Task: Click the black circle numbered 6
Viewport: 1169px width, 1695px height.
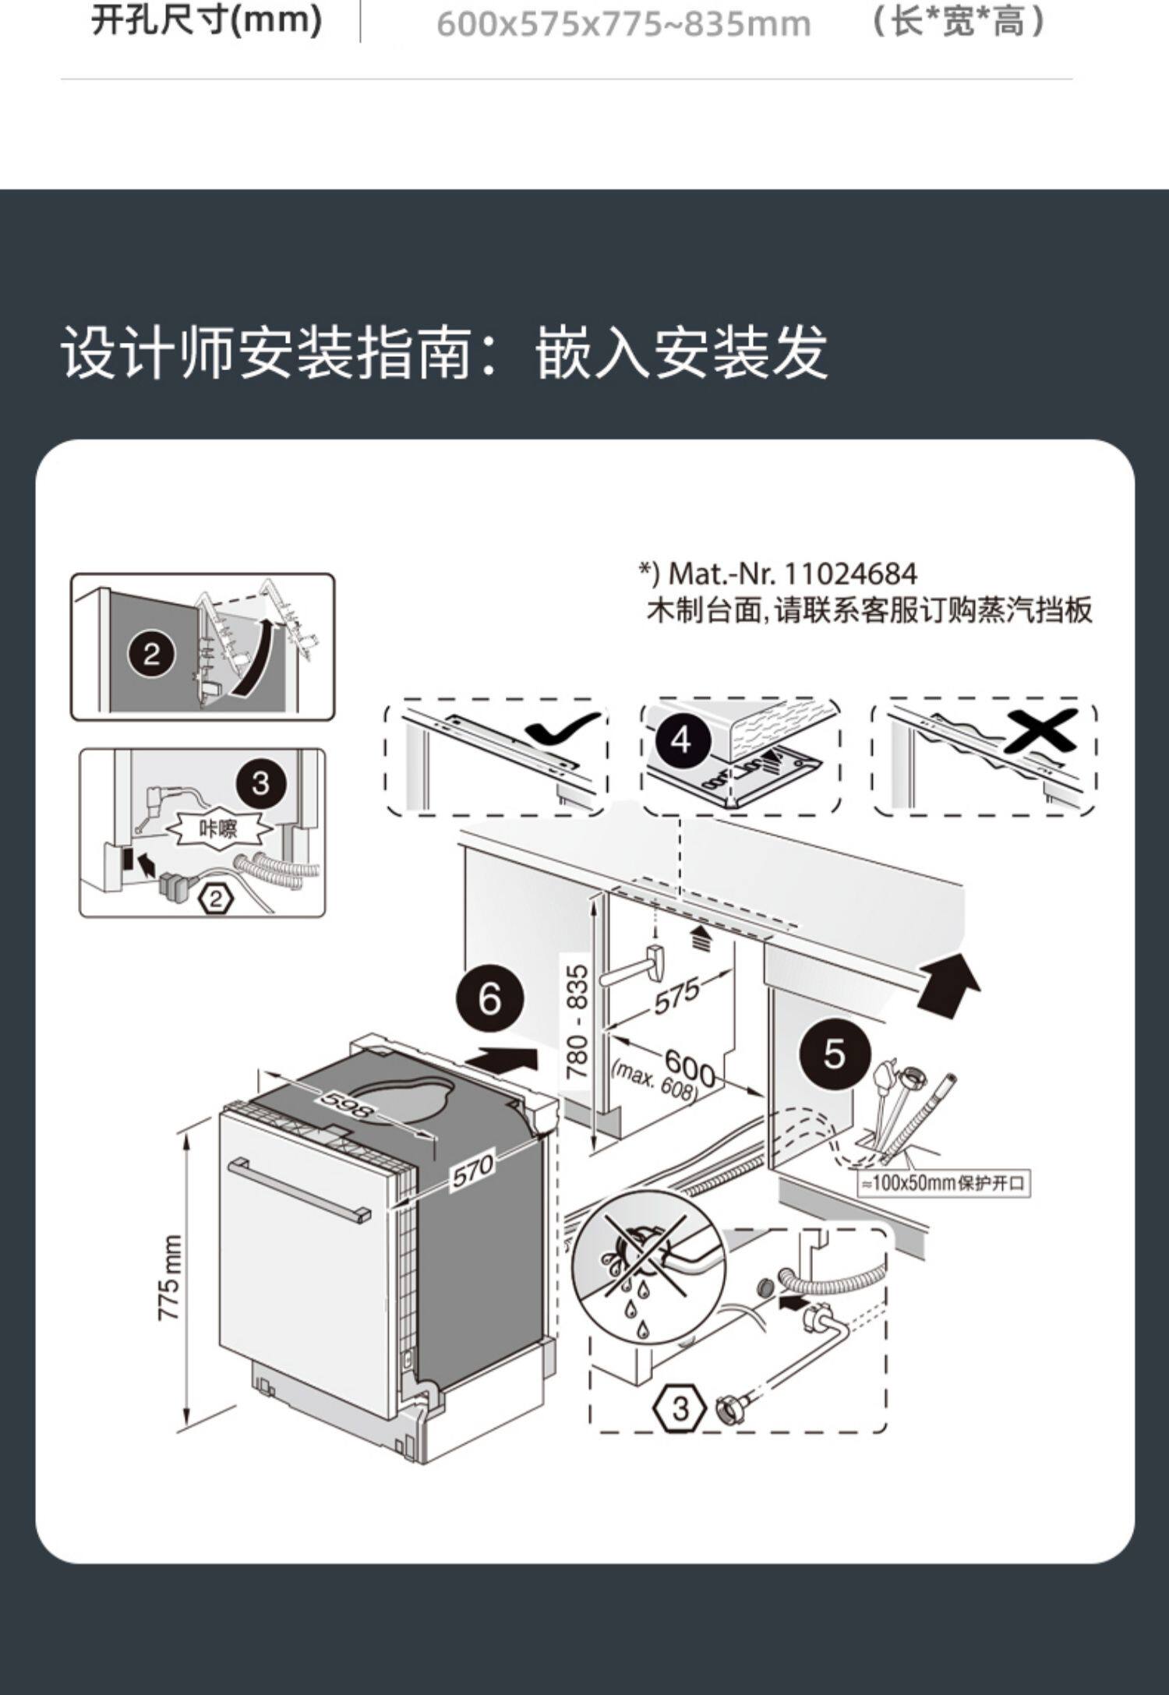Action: click(489, 998)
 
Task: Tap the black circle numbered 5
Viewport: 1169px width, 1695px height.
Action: click(834, 1054)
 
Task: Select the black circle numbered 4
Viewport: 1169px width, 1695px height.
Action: click(681, 739)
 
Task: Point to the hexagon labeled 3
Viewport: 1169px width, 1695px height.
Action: click(680, 1408)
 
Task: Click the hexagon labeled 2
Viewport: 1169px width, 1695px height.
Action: click(217, 899)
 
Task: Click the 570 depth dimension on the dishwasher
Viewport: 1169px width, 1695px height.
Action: click(472, 1171)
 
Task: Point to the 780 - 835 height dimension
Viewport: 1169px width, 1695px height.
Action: click(577, 1022)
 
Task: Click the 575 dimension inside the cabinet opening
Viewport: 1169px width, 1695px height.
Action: click(676, 998)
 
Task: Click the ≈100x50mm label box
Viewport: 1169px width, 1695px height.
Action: click(943, 1183)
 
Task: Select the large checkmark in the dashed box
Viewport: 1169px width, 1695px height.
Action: click(563, 729)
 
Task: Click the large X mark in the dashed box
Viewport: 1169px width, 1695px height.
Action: click(1040, 730)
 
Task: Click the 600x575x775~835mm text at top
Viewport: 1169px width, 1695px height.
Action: click(623, 24)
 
